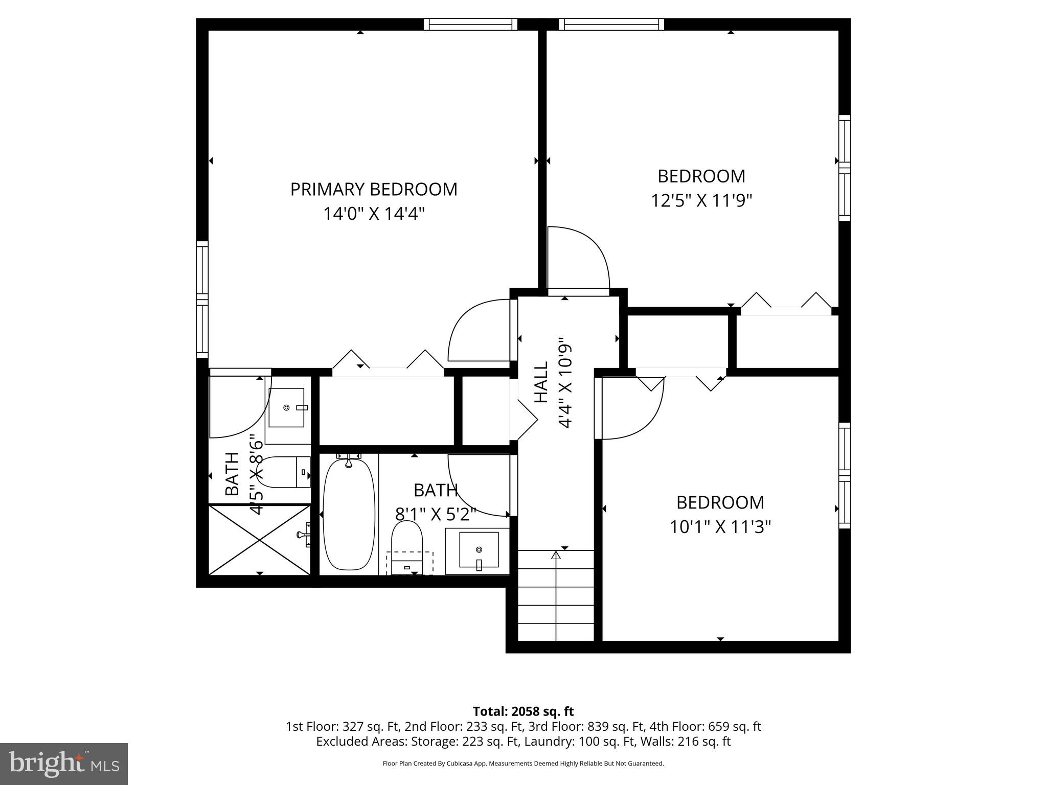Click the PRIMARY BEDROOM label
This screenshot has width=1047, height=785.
374,190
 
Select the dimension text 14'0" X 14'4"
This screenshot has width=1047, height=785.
374,214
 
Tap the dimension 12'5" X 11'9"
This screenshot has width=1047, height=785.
701,201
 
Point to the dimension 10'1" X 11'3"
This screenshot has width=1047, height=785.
720,527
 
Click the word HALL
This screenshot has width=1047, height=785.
541,382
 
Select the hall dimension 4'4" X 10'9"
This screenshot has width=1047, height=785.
564,382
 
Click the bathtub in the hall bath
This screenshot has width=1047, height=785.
349,515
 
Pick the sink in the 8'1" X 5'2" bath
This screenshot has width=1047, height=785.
479,550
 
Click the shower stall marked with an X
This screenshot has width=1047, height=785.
260,539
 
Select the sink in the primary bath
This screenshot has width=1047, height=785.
286,407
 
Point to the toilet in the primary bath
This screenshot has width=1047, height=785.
284,472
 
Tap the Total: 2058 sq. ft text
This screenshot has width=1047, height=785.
523,711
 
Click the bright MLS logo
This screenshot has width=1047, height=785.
64,764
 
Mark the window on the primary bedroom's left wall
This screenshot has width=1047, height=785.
202,300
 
